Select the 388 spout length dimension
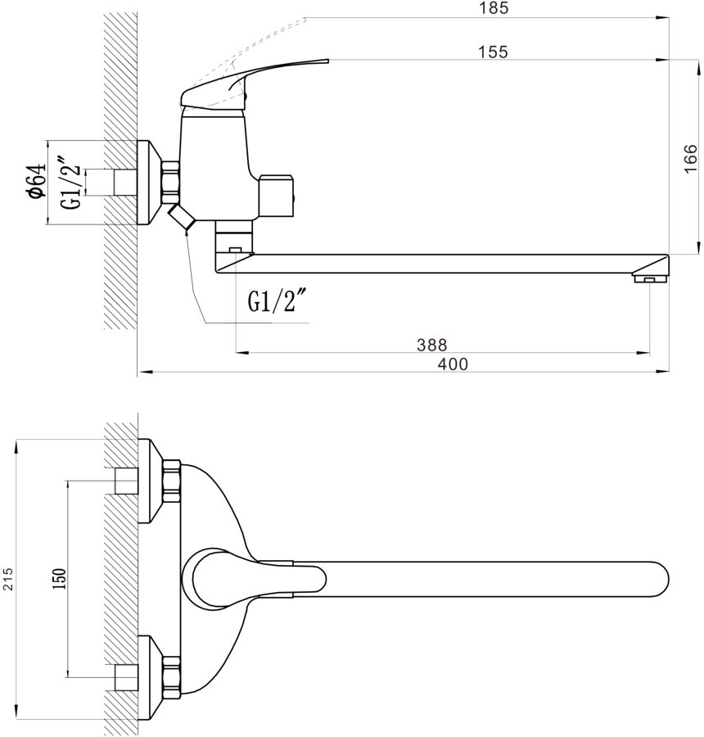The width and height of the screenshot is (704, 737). [x=431, y=345]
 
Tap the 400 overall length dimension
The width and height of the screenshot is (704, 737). [x=453, y=364]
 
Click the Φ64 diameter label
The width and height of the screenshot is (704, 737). [x=35, y=181]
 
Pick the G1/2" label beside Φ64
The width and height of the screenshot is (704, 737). [x=73, y=182]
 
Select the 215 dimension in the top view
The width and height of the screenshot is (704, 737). [x=7, y=579]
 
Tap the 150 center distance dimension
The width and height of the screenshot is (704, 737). [x=58, y=579]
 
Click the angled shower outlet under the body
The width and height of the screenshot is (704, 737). [x=180, y=219]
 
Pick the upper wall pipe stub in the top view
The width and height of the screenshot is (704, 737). [x=125, y=481]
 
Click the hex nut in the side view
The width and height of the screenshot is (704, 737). [x=171, y=181]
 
